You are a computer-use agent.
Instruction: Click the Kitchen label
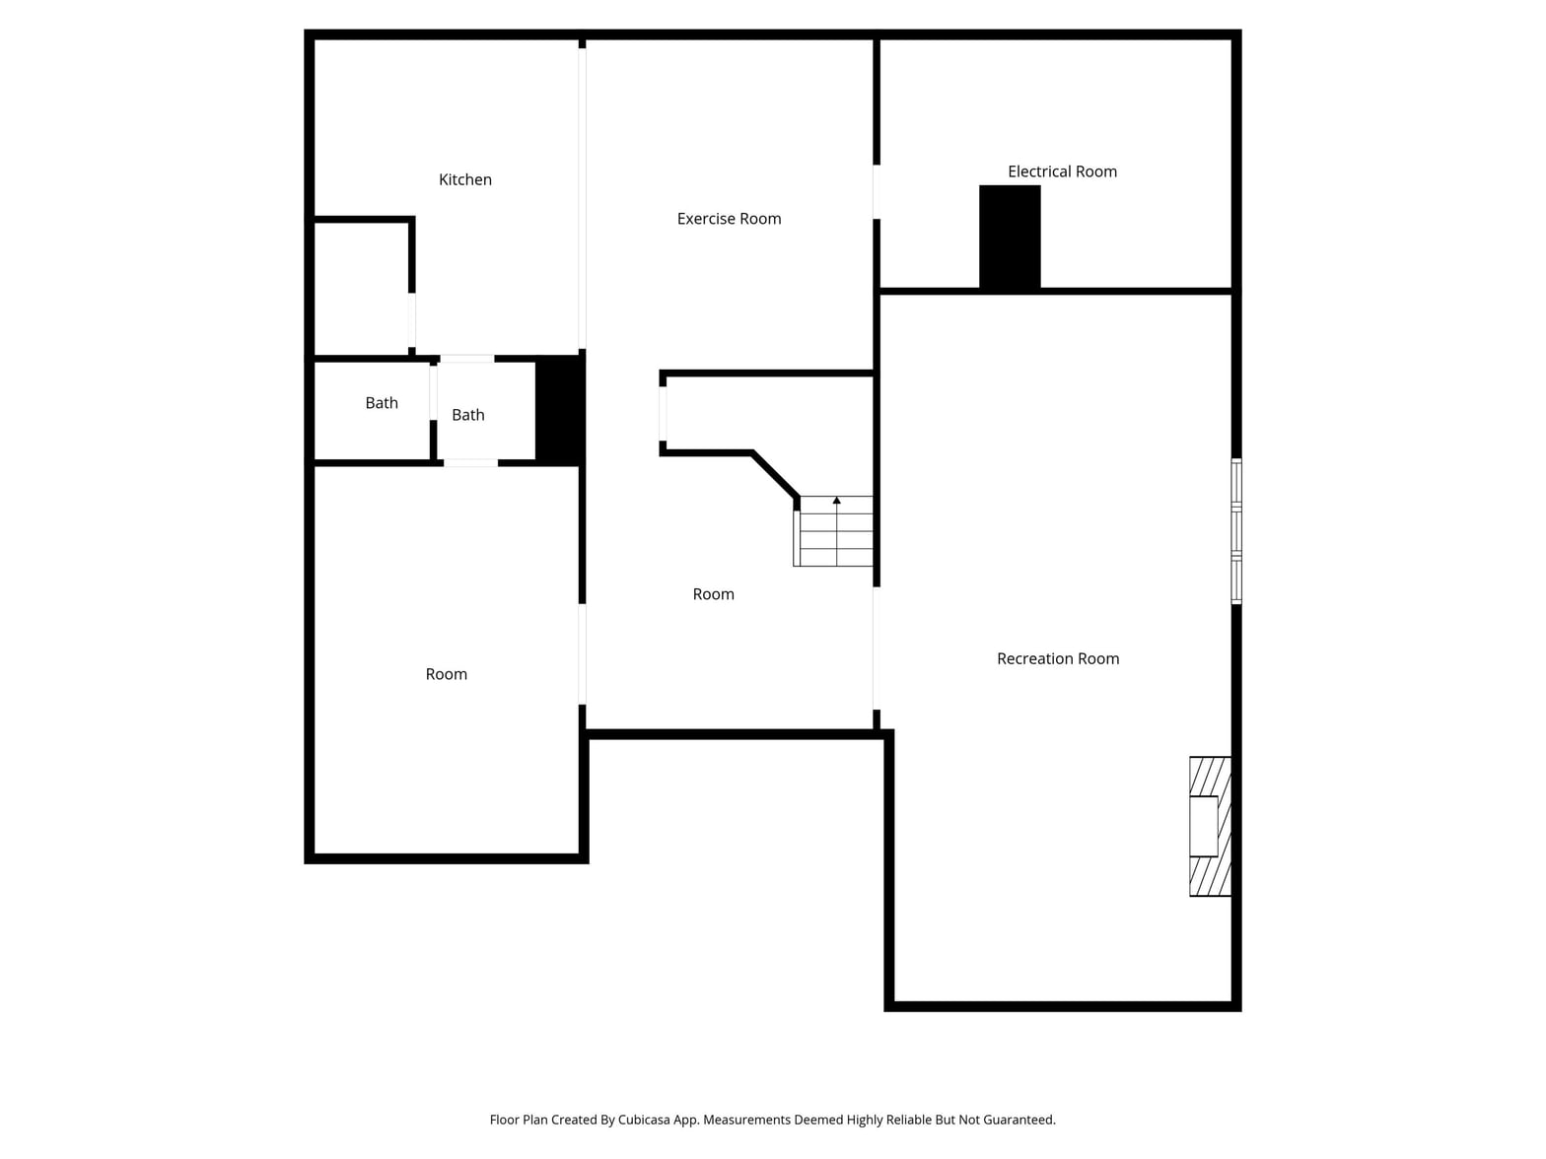[x=464, y=179]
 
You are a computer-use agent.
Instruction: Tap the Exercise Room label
[x=729, y=219]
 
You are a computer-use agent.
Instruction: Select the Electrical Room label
[x=1062, y=171]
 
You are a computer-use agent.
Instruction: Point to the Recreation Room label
[x=1058, y=658]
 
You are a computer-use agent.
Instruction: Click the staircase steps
[x=833, y=530]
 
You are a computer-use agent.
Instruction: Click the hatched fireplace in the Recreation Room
[x=1210, y=826]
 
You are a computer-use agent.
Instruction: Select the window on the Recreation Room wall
[x=1236, y=531]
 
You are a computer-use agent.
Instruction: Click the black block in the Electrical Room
[x=1010, y=238]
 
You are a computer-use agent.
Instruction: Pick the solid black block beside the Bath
[x=559, y=410]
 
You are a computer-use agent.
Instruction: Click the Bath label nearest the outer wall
[x=382, y=403]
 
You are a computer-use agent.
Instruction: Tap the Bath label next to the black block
[x=468, y=415]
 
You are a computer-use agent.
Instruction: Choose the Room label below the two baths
[x=447, y=674]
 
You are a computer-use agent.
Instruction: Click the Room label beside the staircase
[x=714, y=594]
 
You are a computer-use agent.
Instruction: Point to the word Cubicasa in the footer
[x=644, y=1120]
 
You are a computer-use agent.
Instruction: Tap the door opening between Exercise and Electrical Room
[x=877, y=191]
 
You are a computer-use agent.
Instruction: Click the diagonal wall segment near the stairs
[x=776, y=476]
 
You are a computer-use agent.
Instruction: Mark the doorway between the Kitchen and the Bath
[x=467, y=359]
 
